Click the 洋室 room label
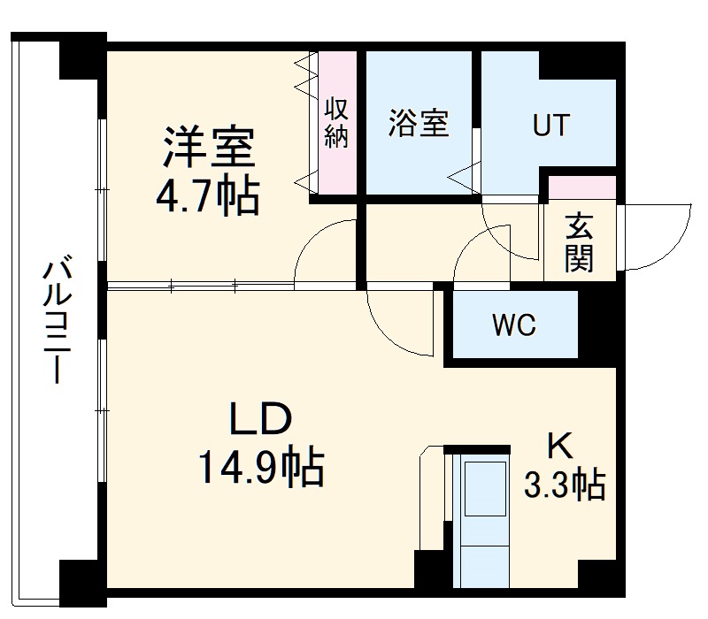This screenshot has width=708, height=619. coord(209,148)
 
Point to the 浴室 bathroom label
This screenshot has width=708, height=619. coord(419,124)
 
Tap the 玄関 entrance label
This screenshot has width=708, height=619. coord(579,242)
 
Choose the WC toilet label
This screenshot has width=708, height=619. coord(514,325)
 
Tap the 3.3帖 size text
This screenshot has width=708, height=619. coord(564,485)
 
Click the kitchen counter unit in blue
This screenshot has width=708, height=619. coord(482,522)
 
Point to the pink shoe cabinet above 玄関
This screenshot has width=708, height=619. coord(581,187)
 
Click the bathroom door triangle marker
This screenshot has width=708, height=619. coord(466,176)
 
